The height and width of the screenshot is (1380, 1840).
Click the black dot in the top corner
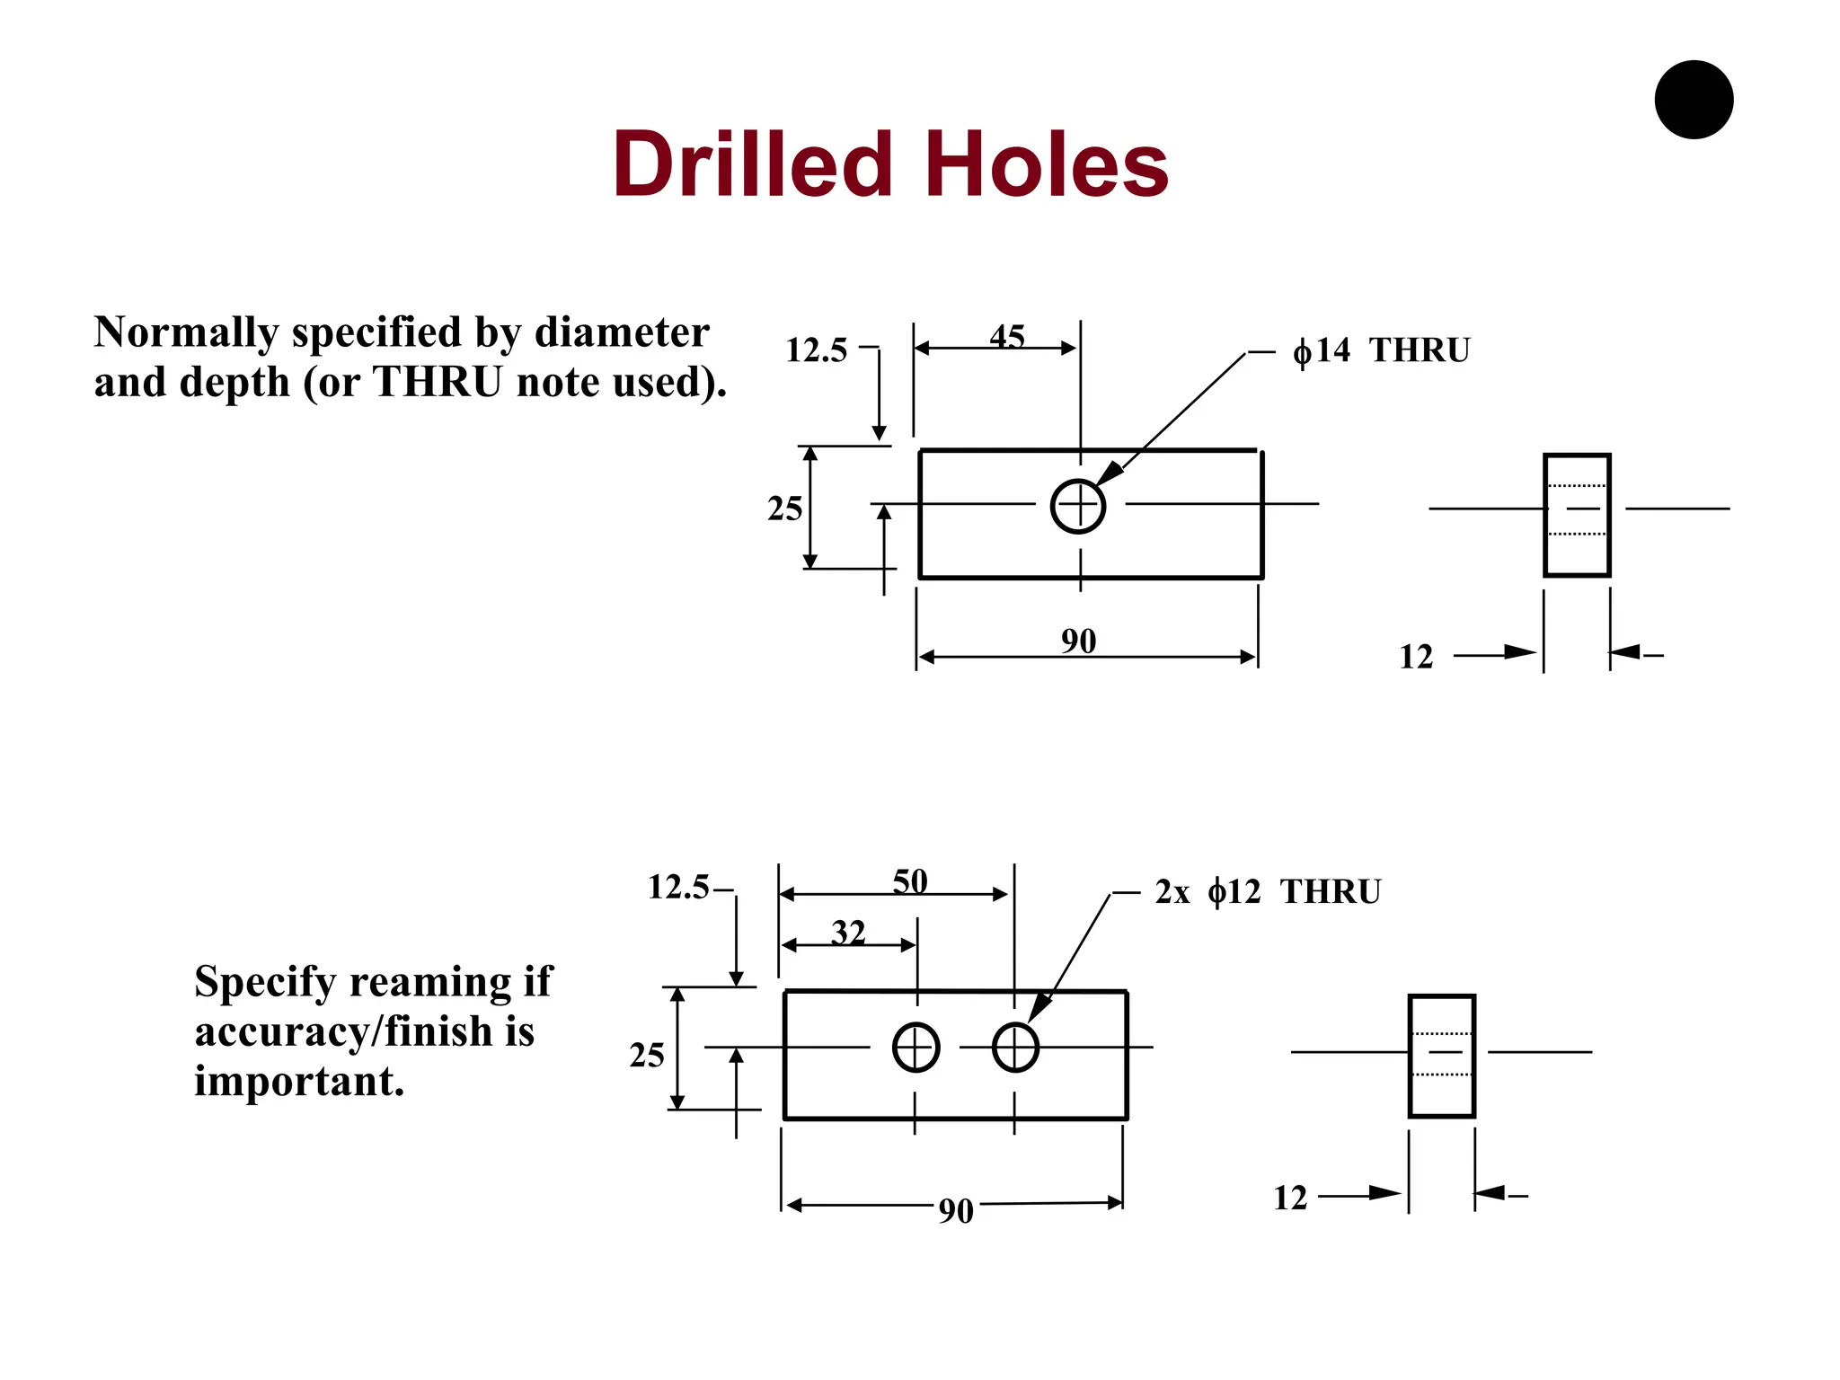point(1694,100)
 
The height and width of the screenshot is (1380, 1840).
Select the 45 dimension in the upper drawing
point(1007,337)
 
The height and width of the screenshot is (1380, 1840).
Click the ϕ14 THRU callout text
point(1381,350)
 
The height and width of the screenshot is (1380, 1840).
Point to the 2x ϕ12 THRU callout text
point(1268,892)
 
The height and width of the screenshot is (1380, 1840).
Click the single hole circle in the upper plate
point(1078,507)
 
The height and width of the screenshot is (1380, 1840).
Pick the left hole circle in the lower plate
point(916,1048)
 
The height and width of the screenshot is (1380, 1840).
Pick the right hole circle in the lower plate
point(1015,1048)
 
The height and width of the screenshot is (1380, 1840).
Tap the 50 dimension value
point(910,881)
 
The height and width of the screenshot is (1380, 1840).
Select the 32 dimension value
point(848,933)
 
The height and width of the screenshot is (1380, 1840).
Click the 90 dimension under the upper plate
point(1078,641)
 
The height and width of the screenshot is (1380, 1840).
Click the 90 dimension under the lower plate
point(956,1212)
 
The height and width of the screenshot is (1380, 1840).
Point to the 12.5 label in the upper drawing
point(816,350)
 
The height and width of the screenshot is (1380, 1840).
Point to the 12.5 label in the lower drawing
point(678,888)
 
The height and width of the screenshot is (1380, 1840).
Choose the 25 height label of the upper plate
point(784,509)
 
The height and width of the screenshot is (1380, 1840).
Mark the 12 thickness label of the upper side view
point(1416,658)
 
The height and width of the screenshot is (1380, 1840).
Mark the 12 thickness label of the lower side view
point(1290,1199)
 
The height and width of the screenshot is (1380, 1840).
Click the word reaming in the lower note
point(431,981)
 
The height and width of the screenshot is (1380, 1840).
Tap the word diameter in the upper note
point(622,332)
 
